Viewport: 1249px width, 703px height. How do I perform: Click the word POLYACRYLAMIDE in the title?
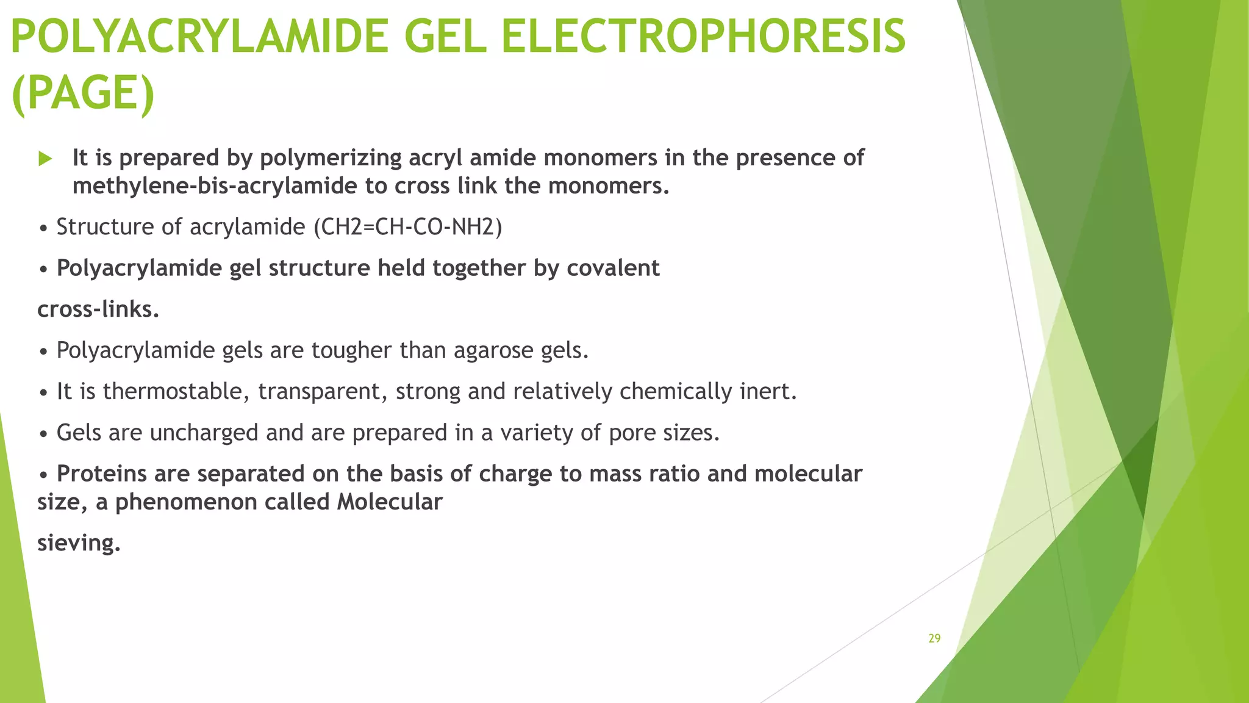[199, 37]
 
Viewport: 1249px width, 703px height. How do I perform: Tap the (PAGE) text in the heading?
[83, 93]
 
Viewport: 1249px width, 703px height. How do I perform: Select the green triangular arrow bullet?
[45, 159]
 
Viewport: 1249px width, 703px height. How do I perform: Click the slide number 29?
[934, 638]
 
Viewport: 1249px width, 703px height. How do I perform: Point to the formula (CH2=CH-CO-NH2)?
[407, 227]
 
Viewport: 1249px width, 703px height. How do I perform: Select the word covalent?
[613, 269]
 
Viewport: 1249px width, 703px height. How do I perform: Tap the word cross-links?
[98, 309]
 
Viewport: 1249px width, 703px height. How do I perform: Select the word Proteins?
[102, 474]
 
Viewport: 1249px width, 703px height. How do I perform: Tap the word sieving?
[79, 543]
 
